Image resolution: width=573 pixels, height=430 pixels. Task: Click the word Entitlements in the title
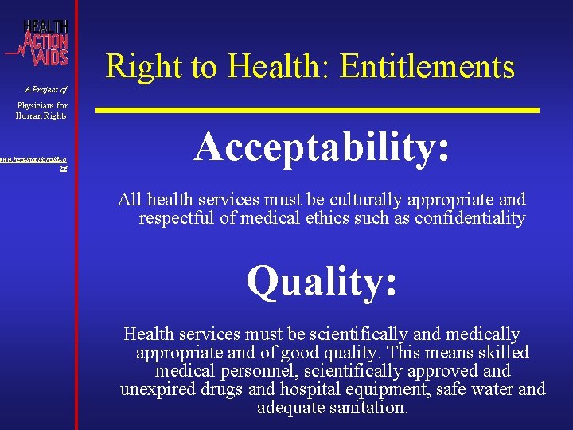[427, 67]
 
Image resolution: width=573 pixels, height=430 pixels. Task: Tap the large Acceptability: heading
[322, 147]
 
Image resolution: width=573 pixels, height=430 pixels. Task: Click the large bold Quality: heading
[322, 281]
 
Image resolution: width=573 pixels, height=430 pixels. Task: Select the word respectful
[177, 217]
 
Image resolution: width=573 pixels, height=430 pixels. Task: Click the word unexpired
[155, 389]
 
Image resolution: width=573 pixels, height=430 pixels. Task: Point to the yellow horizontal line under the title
[318, 109]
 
